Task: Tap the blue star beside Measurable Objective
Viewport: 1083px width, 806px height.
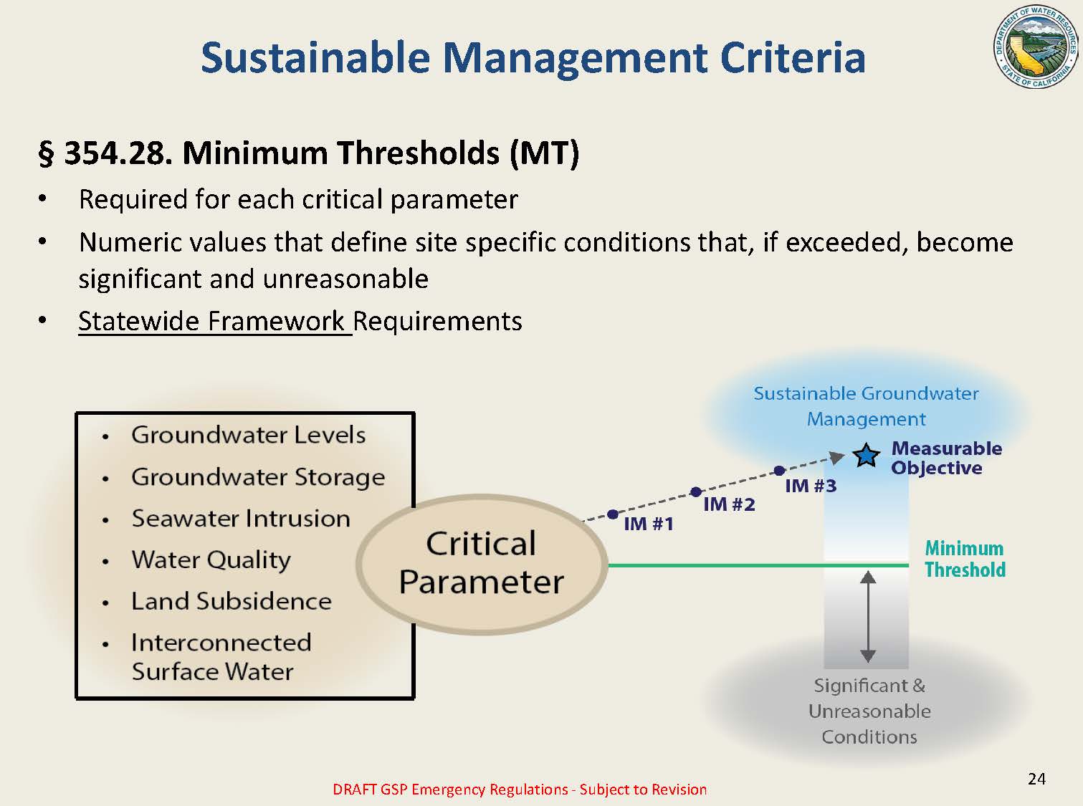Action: click(x=867, y=456)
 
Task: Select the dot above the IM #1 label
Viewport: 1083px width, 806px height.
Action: click(x=612, y=514)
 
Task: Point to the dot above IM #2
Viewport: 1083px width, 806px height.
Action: click(x=695, y=492)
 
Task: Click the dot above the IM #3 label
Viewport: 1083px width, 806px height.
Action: click(x=779, y=471)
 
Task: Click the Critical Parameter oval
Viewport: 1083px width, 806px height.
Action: click(x=482, y=563)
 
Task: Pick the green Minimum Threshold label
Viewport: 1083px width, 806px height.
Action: click(x=965, y=559)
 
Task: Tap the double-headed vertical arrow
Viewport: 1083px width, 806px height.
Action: click(x=867, y=616)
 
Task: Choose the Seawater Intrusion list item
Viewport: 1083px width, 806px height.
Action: click(x=241, y=518)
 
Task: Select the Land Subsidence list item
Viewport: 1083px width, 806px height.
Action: click(x=231, y=601)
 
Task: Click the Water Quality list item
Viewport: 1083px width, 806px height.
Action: click(x=211, y=560)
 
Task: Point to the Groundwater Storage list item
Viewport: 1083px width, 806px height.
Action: click(x=258, y=477)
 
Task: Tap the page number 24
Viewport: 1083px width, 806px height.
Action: click(x=1036, y=779)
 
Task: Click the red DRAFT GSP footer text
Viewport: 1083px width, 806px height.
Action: click(x=520, y=790)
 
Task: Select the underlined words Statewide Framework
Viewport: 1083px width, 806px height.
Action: click(x=214, y=321)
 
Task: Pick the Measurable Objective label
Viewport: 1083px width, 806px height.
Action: click(x=946, y=458)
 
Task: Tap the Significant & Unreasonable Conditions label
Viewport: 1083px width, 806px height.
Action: click(x=869, y=711)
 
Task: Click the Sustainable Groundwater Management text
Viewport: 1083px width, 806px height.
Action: click(x=866, y=406)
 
